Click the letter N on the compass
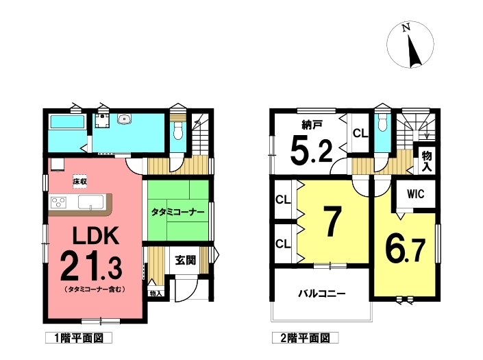(406, 27)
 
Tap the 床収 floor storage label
(79, 182)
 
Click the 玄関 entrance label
(186, 260)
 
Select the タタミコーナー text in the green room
(177, 213)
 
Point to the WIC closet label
(416, 194)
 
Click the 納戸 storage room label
(312, 125)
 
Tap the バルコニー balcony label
(322, 293)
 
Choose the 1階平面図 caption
(79, 338)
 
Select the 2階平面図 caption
(306, 338)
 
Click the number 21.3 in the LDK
(91, 265)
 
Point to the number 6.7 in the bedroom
(406, 250)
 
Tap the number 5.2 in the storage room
(312, 151)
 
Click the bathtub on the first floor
(67, 121)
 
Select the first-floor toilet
(178, 131)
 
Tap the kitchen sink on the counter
(91, 202)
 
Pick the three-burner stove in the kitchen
(58, 202)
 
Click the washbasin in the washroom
(124, 119)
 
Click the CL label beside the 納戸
(360, 133)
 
